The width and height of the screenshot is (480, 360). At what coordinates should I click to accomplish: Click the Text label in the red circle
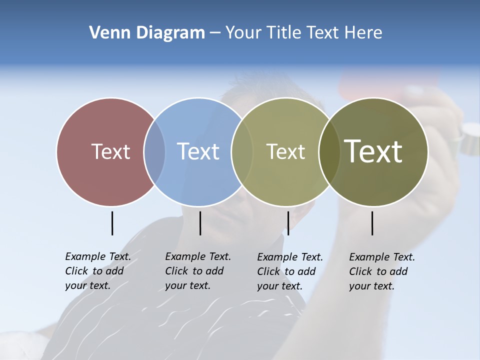point(110,151)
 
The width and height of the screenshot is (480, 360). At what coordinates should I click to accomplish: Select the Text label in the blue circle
point(198,151)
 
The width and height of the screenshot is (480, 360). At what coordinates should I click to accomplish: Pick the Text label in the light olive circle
point(285,151)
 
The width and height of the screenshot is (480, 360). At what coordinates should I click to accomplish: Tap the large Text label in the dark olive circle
point(373,151)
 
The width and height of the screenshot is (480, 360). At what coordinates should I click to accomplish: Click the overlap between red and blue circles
point(154,151)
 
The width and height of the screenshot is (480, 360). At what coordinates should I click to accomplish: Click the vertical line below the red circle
point(112,223)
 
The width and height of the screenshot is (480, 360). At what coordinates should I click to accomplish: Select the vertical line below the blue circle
point(200,223)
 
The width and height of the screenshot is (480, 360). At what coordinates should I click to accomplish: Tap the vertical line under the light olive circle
point(288,223)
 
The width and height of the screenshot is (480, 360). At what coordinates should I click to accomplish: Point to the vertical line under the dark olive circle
point(372,223)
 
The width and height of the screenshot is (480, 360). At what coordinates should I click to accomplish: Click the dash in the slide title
point(215,33)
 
